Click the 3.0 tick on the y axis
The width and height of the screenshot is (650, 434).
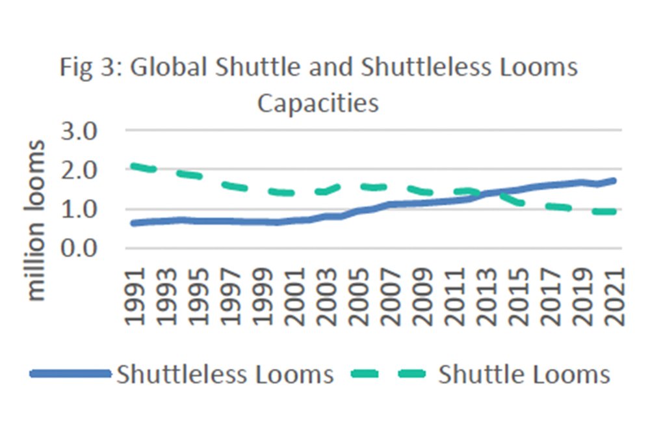tap(79, 131)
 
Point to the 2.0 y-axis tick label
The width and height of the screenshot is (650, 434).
tap(79, 170)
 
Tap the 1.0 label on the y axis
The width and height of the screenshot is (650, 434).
tap(79, 210)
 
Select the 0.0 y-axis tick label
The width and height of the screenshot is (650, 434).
tap(79, 249)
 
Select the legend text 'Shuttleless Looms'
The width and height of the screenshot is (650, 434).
tap(225, 374)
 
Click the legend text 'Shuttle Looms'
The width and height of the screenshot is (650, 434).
tap(524, 374)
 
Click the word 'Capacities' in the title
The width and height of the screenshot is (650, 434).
tap(318, 102)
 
